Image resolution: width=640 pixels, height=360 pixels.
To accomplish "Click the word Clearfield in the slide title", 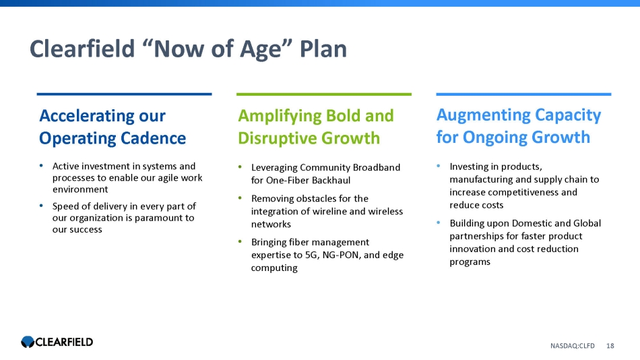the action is [82, 49].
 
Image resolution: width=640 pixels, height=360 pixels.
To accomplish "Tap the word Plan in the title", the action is [323, 49].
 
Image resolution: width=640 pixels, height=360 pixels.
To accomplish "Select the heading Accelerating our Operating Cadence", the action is [113, 127].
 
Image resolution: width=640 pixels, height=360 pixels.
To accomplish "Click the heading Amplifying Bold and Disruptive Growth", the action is [316, 127].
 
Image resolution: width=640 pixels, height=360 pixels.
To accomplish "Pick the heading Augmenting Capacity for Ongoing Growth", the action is [518, 126].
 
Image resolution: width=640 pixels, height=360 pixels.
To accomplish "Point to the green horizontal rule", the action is [323, 94].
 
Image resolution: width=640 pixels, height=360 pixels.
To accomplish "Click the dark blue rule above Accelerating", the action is [124, 94].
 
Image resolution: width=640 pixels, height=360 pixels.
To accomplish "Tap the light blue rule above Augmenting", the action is [523, 94].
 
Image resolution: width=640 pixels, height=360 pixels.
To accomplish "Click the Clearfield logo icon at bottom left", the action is [28, 342].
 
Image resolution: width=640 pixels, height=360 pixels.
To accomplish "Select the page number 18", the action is [610, 346].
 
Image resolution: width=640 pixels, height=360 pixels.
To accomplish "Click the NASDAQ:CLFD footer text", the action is [572, 346].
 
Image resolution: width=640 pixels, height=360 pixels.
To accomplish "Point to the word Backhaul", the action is [331, 180].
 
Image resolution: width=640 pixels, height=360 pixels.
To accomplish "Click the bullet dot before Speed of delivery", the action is [41, 206].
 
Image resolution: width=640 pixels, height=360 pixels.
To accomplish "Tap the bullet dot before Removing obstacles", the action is [240, 198].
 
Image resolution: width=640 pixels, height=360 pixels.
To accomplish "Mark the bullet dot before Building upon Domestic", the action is [439, 222].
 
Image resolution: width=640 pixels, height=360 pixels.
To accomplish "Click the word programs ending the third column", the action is [470, 262].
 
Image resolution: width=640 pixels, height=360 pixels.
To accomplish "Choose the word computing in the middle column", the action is [274, 268].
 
